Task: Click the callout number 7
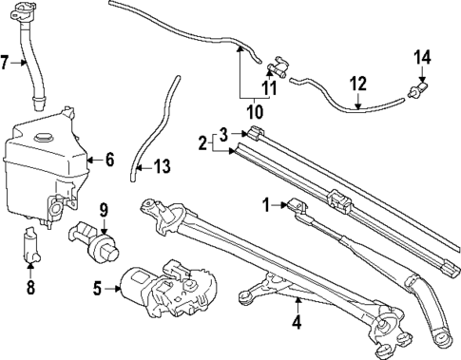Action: click(x=7, y=64)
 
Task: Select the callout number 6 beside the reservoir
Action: click(x=108, y=161)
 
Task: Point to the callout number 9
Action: click(x=104, y=209)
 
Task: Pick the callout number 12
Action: click(x=357, y=84)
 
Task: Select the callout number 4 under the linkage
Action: click(x=297, y=322)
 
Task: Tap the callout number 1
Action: click(x=268, y=202)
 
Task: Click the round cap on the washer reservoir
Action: click(x=42, y=138)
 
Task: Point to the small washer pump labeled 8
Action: click(x=30, y=249)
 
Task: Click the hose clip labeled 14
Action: click(x=415, y=91)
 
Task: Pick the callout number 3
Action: click(x=222, y=132)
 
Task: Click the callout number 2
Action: click(x=202, y=144)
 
